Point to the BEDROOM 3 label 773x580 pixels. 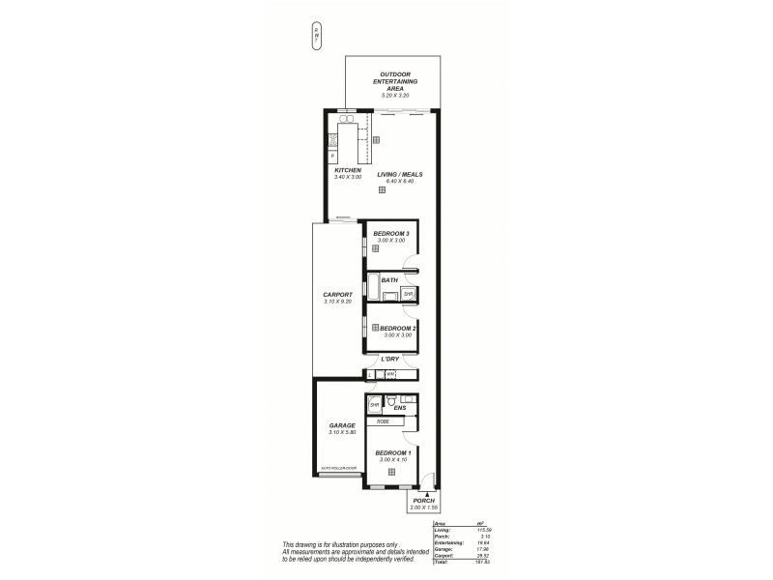click(393, 233)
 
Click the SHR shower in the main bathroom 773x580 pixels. click(409, 294)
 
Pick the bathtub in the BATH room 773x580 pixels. click(372, 288)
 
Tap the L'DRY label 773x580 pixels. click(390, 358)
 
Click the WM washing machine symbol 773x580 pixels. click(390, 373)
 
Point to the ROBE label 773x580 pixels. click(383, 422)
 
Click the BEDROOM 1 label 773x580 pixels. click(393, 452)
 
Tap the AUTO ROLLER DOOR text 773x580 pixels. click(338, 469)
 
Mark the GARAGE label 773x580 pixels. click(342, 424)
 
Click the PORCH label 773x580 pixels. click(424, 500)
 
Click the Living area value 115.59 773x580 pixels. click(472, 530)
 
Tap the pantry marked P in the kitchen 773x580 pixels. click(332, 156)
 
